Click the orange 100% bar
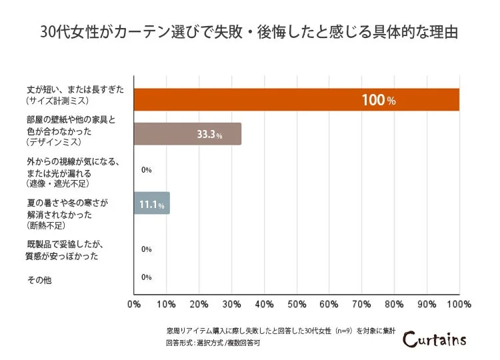pyautogui.click(x=297, y=99)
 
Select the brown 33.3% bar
pyautogui.click(x=187, y=134)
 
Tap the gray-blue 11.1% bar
pyautogui.click(x=152, y=203)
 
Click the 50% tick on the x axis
pyautogui.click(x=297, y=305)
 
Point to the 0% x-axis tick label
pyautogui.click(x=134, y=305)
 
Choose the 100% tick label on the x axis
pyautogui.click(x=459, y=305)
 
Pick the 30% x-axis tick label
pyautogui.click(x=231, y=305)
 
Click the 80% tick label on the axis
pyautogui.click(x=394, y=305)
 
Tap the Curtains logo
pyautogui.click(x=434, y=339)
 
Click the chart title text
pyautogui.click(x=249, y=33)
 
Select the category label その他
pyautogui.click(x=39, y=280)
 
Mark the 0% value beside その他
pyautogui.click(x=147, y=277)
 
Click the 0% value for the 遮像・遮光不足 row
pyautogui.click(x=147, y=170)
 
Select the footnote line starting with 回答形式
pyautogui.click(x=212, y=343)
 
